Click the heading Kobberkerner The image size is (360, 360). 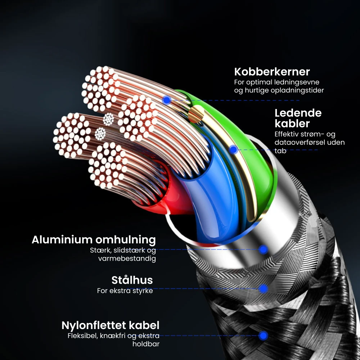[x=272, y=71]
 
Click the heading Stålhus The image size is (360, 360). [x=132, y=280]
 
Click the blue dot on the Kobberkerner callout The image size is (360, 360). [x=166, y=100]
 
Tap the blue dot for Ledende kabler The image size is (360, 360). [x=233, y=150]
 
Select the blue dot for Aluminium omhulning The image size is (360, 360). [x=264, y=249]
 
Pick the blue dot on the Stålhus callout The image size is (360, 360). [x=263, y=288]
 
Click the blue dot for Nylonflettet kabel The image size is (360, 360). [x=264, y=336]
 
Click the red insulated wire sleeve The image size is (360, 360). [x=158, y=194]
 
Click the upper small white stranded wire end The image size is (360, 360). [x=108, y=119]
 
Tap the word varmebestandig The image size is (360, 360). [x=127, y=258]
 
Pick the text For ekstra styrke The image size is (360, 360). [x=125, y=291]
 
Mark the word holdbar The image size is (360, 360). [x=146, y=344]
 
